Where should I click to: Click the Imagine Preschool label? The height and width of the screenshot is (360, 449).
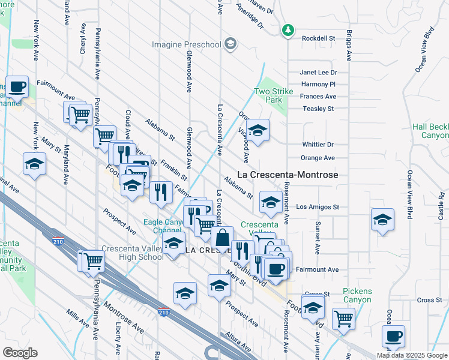[x=186, y=44]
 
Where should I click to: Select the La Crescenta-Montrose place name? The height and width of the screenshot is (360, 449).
[x=288, y=175]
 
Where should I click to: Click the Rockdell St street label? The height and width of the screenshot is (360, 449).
[x=318, y=38]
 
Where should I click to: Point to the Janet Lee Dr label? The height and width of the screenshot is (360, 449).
[x=319, y=73]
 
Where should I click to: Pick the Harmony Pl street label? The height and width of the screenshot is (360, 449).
[x=318, y=85]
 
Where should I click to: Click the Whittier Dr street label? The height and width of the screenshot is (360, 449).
[x=318, y=145]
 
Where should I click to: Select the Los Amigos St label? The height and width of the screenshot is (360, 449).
[x=318, y=207]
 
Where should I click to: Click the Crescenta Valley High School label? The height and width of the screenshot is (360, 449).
[x=132, y=253]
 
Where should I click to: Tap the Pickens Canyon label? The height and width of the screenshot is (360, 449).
[x=357, y=295]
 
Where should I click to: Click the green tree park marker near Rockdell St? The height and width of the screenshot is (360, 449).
[x=288, y=29]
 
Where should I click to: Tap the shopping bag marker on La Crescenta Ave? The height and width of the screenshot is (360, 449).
[x=222, y=237]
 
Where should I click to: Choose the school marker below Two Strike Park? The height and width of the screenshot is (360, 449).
[x=258, y=130]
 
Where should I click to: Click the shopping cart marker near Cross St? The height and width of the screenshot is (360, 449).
[x=343, y=318]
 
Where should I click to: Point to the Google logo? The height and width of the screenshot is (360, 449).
[x=20, y=353]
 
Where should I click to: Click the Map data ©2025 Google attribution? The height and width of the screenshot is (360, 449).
[x=412, y=355]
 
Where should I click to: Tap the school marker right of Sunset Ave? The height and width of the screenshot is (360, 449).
[x=382, y=220]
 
